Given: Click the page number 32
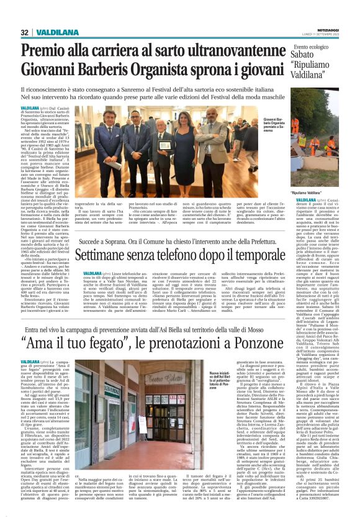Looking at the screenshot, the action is [24, 32].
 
